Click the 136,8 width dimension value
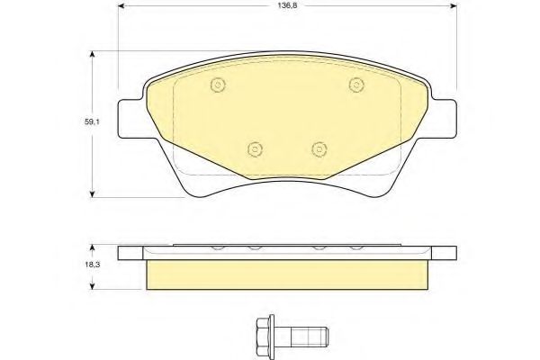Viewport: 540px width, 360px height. (x=288, y=5)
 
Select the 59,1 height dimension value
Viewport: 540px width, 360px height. (x=92, y=121)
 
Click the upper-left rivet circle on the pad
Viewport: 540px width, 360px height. (x=218, y=85)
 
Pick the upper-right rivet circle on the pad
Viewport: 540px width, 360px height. (x=356, y=85)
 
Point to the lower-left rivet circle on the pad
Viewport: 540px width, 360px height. (x=256, y=149)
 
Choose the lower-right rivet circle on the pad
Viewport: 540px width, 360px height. (x=319, y=149)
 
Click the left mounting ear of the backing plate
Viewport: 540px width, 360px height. (x=130, y=119)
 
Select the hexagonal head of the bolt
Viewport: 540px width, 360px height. (x=263, y=333)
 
